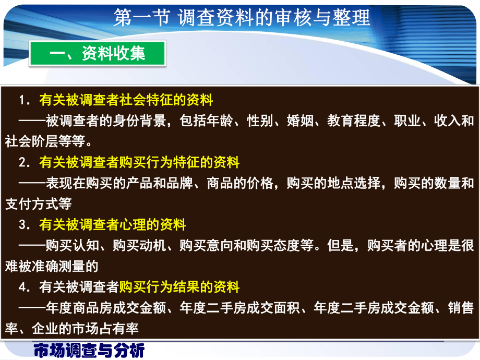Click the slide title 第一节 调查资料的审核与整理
(242, 18)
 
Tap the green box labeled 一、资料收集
(98, 54)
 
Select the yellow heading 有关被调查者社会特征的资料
(126, 100)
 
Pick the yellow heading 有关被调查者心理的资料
(112, 225)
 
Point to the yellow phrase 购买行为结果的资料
(179, 286)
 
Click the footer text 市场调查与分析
(89, 351)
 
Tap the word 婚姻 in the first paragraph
(300, 121)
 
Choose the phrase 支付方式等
(39, 204)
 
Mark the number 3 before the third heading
(22, 225)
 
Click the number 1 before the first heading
(22, 100)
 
